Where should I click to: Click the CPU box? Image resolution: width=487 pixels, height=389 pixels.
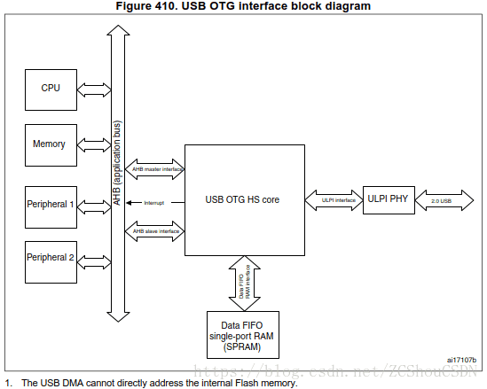tap(51, 89)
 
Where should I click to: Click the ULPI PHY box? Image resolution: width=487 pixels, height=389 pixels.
tap(388, 198)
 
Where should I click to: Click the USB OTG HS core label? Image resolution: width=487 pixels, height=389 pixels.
tap(242, 200)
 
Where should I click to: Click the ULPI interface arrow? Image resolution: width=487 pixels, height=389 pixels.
tap(332, 200)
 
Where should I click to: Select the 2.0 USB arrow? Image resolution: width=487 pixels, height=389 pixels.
tap(441, 200)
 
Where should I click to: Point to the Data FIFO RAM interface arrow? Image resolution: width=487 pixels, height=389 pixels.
tap(242, 282)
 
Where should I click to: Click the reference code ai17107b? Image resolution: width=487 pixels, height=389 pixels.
tap(461, 360)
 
